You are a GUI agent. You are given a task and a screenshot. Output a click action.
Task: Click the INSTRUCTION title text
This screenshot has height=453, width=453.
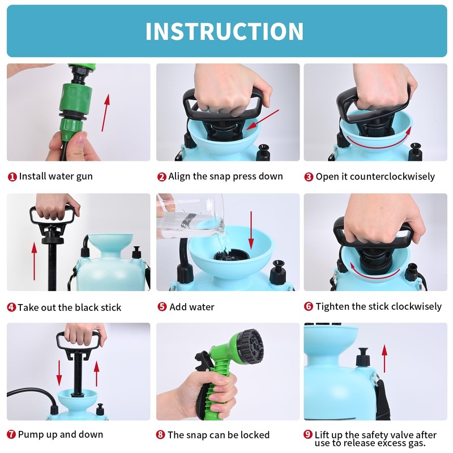[224, 31]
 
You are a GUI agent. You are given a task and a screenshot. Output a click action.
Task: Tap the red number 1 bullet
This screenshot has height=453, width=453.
[12, 177]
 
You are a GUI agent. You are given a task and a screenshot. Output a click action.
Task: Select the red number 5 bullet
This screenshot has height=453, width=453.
[162, 306]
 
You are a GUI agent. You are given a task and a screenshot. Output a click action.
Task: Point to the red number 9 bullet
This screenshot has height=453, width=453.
[308, 434]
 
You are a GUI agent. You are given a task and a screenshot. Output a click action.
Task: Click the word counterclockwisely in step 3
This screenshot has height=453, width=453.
[392, 177]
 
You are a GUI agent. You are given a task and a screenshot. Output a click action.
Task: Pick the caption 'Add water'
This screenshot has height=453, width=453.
[192, 307]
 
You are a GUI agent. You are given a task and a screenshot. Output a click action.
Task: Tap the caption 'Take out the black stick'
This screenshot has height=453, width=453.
[69, 307]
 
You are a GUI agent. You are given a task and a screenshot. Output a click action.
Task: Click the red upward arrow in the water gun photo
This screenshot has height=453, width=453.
[105, 112]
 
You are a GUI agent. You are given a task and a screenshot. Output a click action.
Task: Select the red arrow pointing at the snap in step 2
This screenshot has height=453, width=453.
[263, 119]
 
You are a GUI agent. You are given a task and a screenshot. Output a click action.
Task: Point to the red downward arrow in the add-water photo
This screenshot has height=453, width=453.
[251, 230]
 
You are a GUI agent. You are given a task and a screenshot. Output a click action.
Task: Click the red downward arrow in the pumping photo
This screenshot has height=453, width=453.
[59, 373]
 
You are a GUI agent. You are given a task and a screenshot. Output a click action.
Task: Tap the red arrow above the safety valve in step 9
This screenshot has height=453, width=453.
[384, 358]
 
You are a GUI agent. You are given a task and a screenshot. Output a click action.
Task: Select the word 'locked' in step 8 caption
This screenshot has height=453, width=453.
[255, 434]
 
